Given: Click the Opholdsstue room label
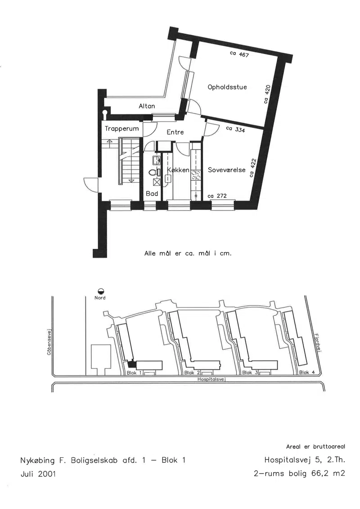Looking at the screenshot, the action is coord(227,87).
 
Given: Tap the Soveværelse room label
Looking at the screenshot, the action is coord(227,170).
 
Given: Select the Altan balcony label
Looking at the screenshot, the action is coord(147,106).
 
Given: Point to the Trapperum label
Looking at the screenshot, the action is coord(122,129).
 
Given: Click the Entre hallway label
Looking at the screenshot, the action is coord(175,132).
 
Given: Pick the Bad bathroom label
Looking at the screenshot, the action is coord(152,194).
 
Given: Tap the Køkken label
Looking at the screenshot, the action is coord(178,170).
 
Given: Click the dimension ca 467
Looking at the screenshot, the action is coord(239,54).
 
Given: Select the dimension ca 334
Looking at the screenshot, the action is coord(235,129).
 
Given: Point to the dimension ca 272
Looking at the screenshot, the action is coord(217,196).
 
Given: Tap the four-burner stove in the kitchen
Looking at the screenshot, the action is coord(196,176).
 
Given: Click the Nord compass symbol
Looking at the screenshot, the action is coord(100,291).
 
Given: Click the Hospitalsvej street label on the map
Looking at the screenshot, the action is coord(211,379).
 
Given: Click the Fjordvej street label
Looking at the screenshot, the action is coord(318,343).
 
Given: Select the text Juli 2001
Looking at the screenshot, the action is coord(38,474).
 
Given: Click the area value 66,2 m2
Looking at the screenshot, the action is coord(328,473).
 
